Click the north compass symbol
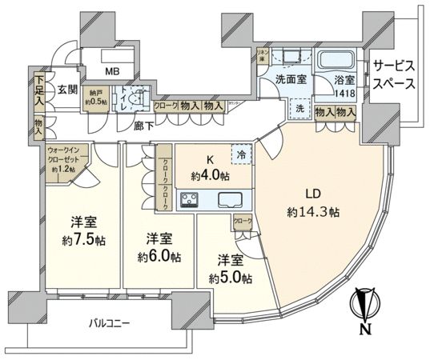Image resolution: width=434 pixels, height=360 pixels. pos(364,310)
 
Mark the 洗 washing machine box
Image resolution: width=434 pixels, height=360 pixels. pos(299,110)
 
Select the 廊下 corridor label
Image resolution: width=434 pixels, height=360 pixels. pos(144,126)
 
